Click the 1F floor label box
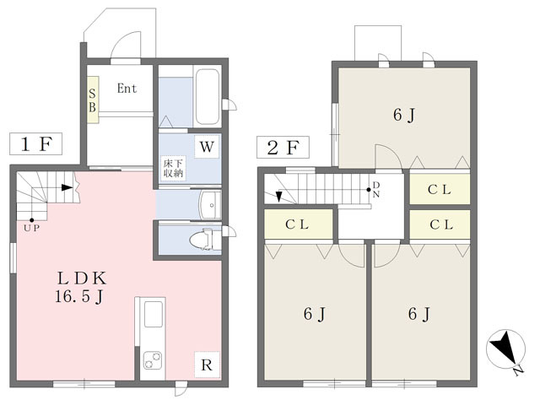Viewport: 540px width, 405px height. tap(35, 143)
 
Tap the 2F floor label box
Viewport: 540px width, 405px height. tap(283, 148)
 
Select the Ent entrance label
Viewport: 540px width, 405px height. tap(127, 89)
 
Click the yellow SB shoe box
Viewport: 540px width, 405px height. tap(93, 100)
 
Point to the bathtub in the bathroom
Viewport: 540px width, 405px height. tap(208, 97)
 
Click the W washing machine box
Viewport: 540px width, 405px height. tap(207, 147)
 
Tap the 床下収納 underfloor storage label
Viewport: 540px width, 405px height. tap(173, 168)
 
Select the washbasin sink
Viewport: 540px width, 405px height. tap(210, 205)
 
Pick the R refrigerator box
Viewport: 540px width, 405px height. tap(207, 365)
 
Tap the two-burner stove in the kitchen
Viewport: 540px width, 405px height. tap(153, 360)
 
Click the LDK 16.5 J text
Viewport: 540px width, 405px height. tap(81, 287)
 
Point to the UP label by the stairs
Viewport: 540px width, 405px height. tap(32, 228)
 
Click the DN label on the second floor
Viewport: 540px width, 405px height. tap(375, 190)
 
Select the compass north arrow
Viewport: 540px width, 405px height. tap(505, 348)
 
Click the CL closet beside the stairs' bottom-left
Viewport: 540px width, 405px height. tap(298, 224)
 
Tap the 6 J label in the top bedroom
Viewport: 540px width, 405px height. tap(403, 115)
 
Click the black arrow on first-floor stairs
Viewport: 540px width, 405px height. tap(67, 187)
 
